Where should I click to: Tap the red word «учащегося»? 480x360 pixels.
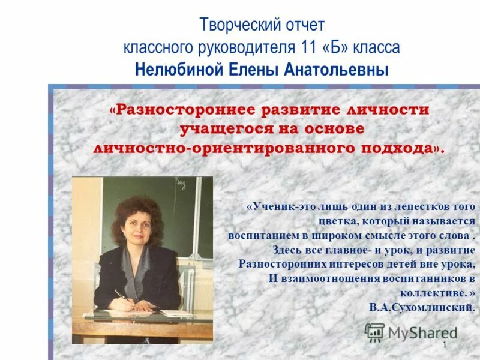pyautogui.click(x=222, y=128)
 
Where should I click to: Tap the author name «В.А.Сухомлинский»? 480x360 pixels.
pyautogui.click(x=422, y=307)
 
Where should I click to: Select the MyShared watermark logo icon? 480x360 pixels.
pyautogui.click(x=375, y=332)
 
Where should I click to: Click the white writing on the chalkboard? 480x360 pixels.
pyautogui.click(x=181, y=181)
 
